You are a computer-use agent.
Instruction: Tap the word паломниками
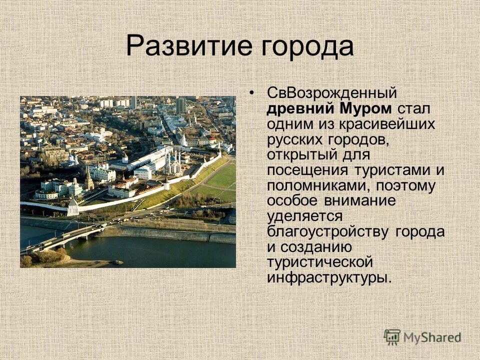(310, 185)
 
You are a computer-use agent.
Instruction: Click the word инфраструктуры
(329, 277)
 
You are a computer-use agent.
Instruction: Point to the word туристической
(320, 262)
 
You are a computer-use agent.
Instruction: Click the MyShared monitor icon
(392, 337)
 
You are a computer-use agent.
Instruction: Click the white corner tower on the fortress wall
(73, 206)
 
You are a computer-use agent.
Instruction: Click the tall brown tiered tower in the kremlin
(89, 179)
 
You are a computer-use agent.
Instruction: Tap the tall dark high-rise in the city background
(180, 104)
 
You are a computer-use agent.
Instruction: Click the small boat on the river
(116, 262)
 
